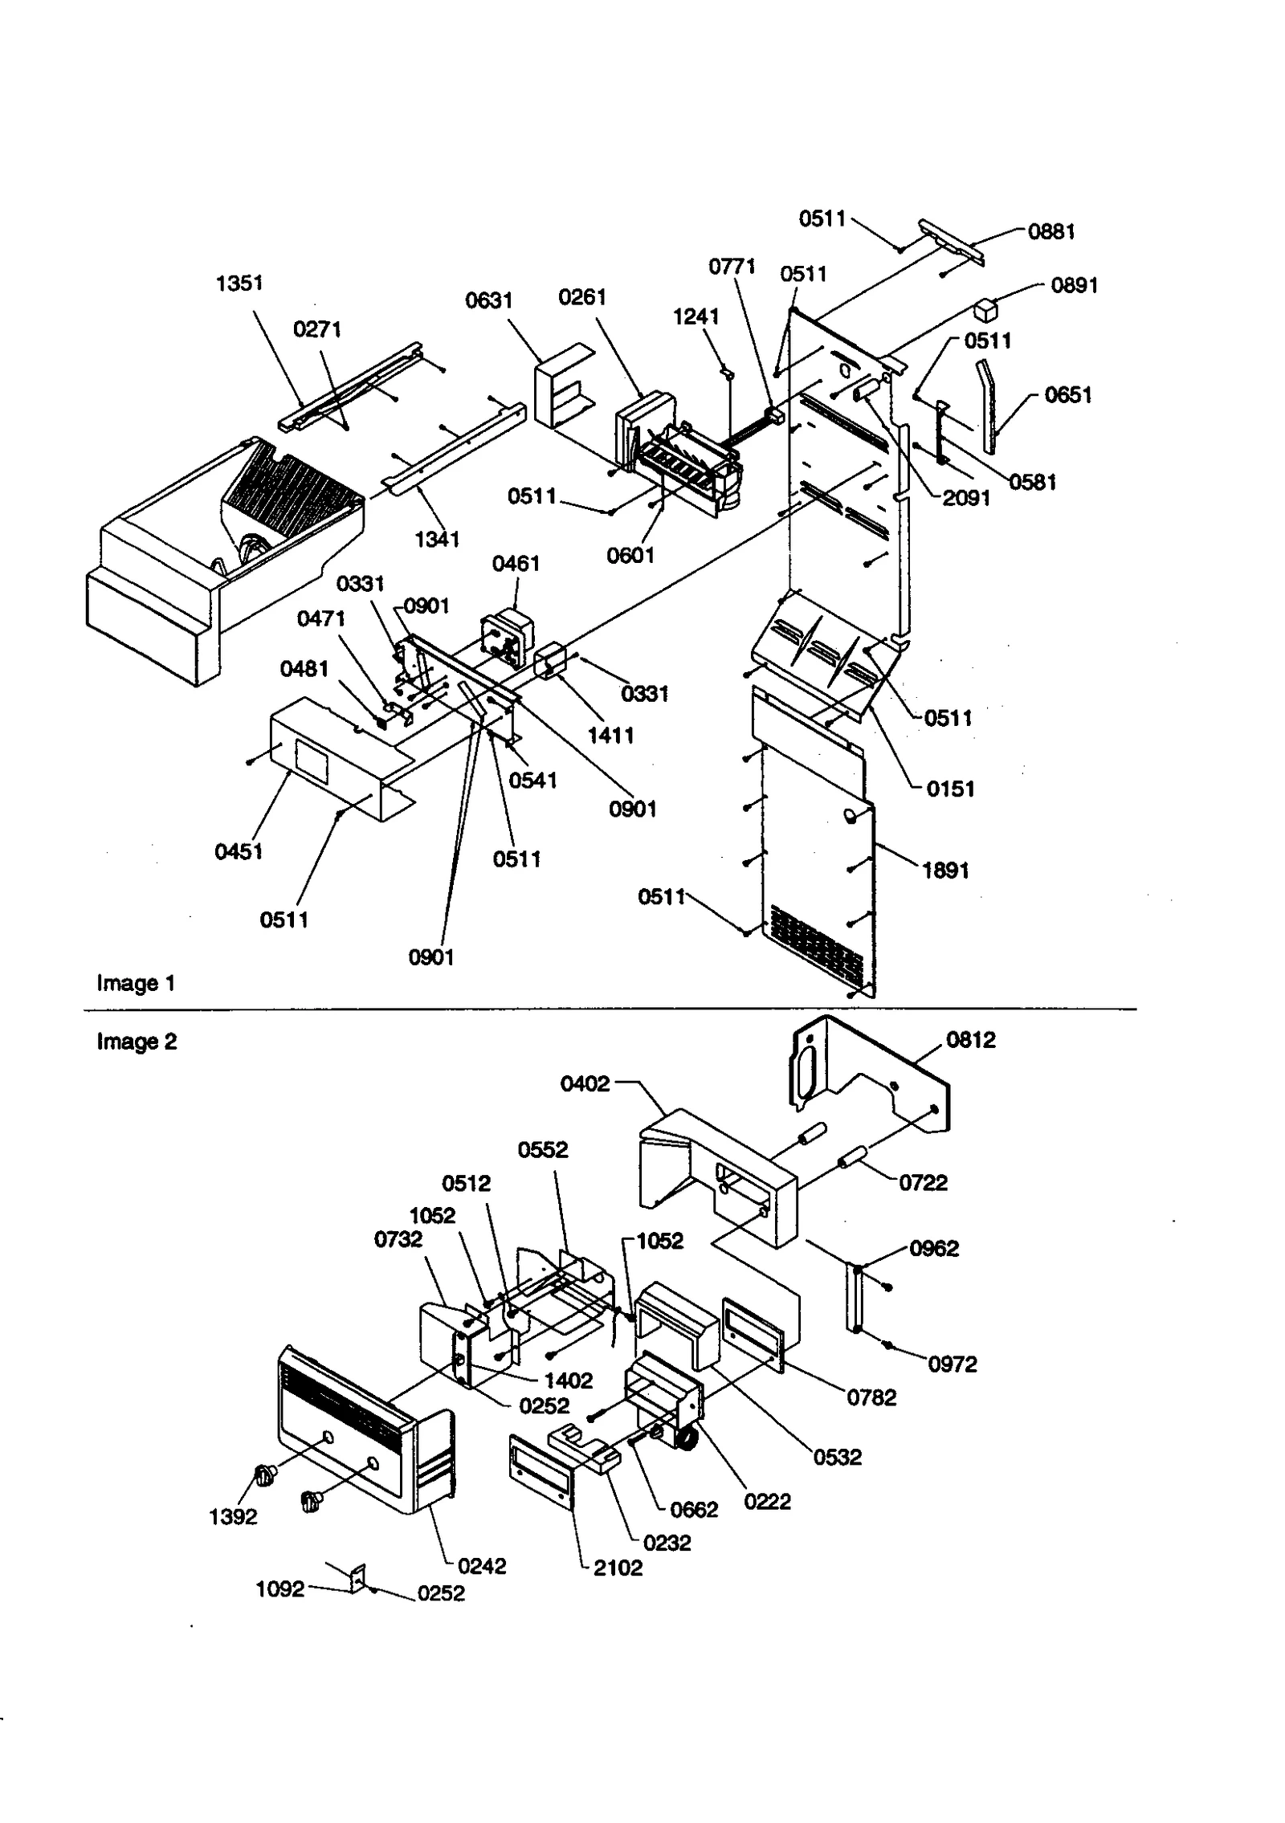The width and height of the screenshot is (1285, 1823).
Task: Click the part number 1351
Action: [239, 283]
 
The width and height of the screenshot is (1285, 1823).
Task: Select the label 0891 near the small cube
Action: [1074, 286]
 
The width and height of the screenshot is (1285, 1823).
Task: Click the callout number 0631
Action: [488, 301]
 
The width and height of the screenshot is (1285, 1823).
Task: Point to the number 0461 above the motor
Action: [516, 564]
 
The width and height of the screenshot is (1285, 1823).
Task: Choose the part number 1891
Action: [945, 871]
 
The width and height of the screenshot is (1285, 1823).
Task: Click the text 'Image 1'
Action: [136, 983]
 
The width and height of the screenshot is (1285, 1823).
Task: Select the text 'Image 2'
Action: [137, 1042]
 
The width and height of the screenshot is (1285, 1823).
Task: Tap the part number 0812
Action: [970, 1040]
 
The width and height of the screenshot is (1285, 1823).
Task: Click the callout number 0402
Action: [585, 1084]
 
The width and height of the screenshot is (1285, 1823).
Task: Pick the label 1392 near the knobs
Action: [233, 1517]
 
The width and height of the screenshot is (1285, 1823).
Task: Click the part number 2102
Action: [618, 1568]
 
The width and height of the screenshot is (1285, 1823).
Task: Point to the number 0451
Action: [239, 851]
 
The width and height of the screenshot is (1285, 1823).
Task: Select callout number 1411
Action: [610, 736]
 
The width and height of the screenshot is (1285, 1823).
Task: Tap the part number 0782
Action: [871, 1397]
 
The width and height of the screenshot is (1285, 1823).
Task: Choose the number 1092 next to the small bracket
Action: [279, 1589]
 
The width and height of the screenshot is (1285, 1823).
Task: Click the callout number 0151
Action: [950, 789]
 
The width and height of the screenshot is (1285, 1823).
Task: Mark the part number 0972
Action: [952, 1364]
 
